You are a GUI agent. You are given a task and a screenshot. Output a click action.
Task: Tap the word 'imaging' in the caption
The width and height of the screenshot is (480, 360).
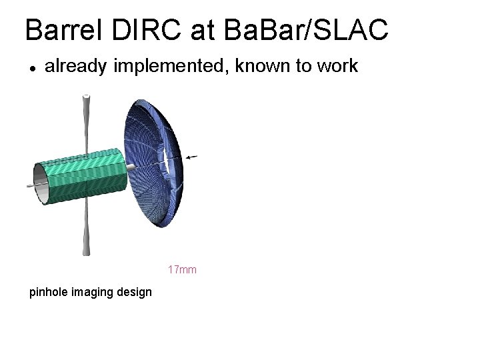coord(96,292)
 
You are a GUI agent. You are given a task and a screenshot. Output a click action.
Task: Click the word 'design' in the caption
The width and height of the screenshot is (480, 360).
coord(135,292)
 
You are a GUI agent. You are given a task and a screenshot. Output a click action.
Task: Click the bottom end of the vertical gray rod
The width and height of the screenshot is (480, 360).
coord(86,251)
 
